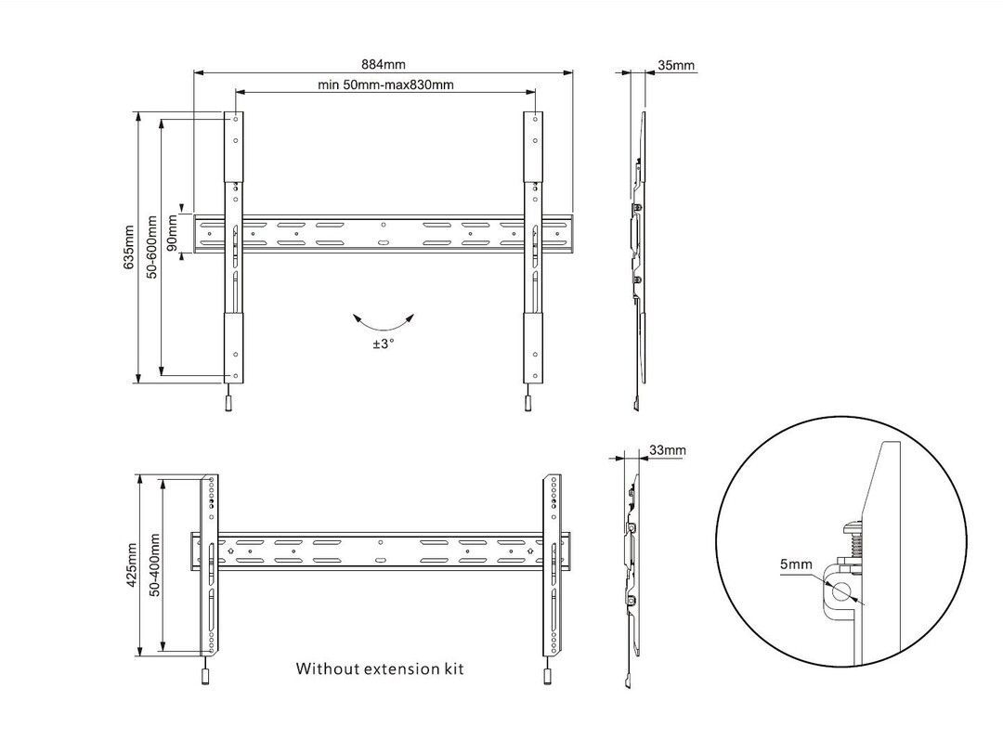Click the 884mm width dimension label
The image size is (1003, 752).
point(384,65)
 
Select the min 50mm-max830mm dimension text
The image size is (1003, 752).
point(385,84)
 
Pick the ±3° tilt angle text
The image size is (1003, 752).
point(384,343)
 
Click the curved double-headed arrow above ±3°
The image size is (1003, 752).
point(384,321)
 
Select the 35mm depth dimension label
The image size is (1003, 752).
point(675,66)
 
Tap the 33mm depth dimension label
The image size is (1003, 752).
point(668,450)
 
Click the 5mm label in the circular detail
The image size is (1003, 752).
point(797,564)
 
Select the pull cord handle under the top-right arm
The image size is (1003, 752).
point(527,403)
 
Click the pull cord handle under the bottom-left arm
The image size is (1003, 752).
point(203,676)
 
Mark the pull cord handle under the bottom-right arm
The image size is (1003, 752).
point(548,676)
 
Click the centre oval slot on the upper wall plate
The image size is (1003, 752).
point(384,243)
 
